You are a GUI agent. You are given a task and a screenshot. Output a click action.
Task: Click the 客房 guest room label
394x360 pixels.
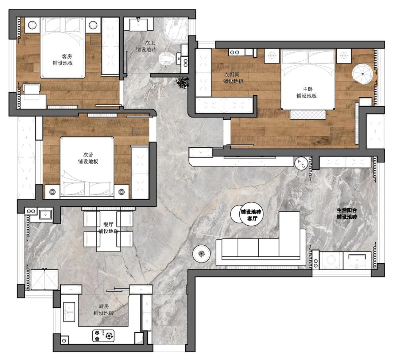point(67,56)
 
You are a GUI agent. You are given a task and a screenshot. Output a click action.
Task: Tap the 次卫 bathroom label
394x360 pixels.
point(150,43)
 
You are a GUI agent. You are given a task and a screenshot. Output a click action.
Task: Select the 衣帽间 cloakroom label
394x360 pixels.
point(232,74)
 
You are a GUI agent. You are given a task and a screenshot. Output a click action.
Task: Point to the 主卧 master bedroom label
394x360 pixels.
point(308,89)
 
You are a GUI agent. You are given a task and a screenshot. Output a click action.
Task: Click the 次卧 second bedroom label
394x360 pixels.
point(88,154)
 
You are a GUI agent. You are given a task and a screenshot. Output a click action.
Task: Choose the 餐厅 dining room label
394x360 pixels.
point(108,225)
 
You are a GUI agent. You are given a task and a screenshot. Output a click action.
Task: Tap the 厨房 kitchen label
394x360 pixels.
point(104,306)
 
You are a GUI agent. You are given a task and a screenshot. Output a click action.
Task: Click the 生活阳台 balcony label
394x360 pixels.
point(347,210)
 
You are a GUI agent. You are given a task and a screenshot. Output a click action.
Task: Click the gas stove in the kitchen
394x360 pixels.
point(103,336)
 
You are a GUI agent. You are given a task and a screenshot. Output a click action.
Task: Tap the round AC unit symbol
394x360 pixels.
point(301,163)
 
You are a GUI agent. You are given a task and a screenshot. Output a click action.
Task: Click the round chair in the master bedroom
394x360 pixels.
point(362,74)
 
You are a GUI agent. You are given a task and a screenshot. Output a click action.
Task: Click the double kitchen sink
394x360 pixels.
point(69,312)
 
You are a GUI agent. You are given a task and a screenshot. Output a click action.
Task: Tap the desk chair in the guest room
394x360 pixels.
point(32,89)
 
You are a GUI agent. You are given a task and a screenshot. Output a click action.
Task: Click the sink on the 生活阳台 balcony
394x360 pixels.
point(358,260)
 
